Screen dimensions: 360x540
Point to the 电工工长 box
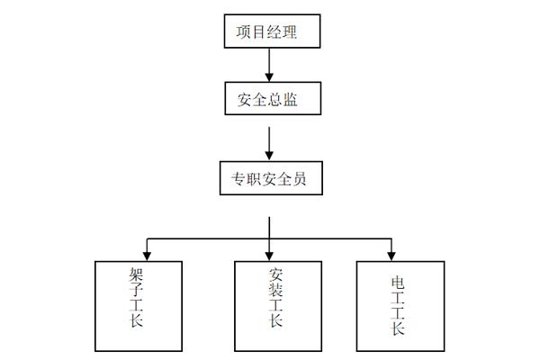pyautogui.click(x=399, y=305)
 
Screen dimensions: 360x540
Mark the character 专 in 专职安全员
pyautogui.click(x=233, y=179)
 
